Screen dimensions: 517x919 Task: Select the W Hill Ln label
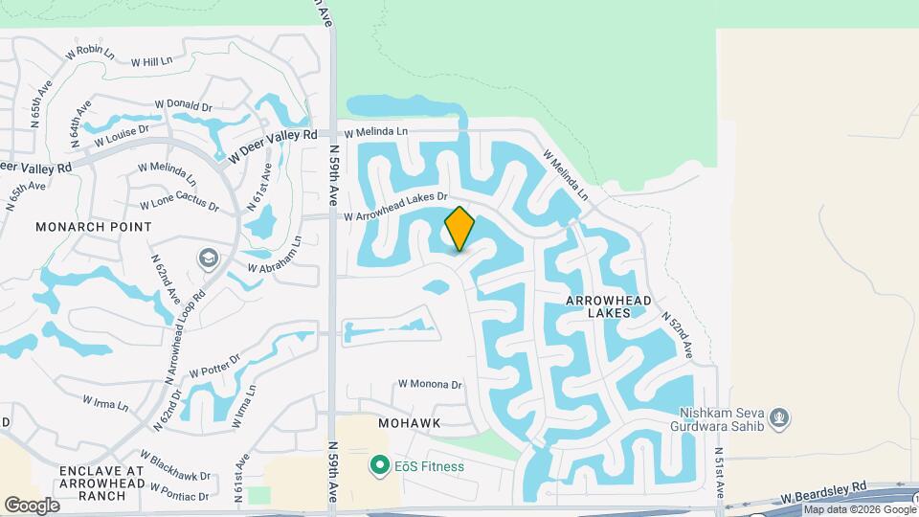(151, 60)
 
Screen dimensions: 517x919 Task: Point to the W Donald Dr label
(182, 105)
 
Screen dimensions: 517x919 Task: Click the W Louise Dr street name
(122, 136)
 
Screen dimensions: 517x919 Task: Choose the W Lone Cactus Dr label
(179, 205)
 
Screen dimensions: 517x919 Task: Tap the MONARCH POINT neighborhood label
(93, 227)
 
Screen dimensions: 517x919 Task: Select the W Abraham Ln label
(275, 254)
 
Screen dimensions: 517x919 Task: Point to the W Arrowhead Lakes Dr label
(396, 206)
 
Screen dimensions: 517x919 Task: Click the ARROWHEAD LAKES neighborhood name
(609, 306)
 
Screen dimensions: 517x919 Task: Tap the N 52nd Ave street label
(680, 337)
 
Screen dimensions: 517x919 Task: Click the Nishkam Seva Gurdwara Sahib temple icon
(780, 416)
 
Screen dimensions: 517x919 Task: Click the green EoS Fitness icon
(380, 466)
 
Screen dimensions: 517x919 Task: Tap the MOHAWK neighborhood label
(409, 422)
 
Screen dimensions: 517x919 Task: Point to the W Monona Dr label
(429, 384)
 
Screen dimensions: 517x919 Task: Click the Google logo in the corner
(33, 505)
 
